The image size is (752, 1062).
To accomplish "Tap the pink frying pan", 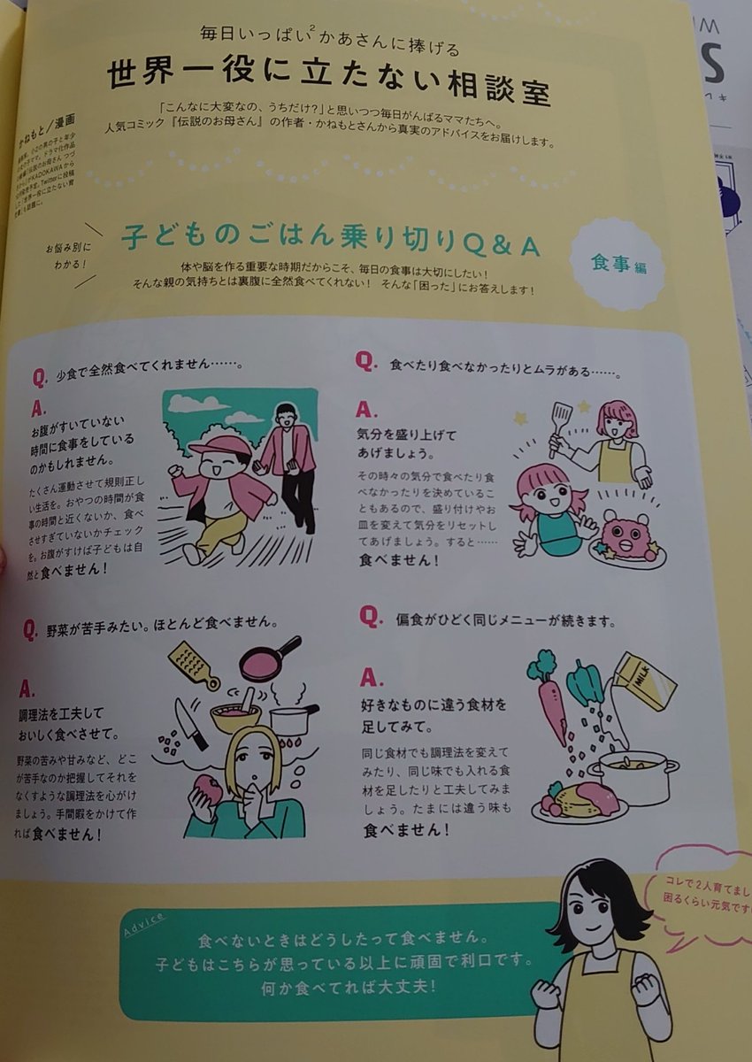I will [x=269, y=659].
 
